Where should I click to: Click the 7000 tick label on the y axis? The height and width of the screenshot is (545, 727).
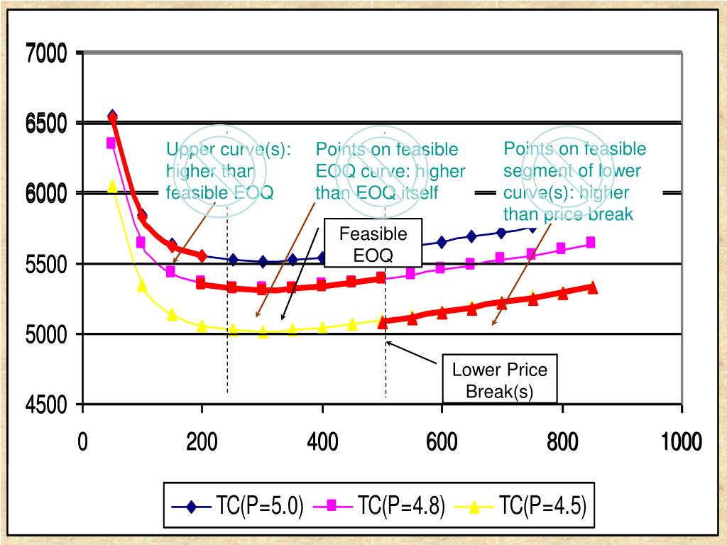(x=47, y=54)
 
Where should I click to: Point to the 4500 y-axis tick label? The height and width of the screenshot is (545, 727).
(x=47, y=406)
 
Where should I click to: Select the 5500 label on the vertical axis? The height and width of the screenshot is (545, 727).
(x=47, y=265)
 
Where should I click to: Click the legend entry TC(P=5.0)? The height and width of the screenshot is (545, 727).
(x=239, y=507)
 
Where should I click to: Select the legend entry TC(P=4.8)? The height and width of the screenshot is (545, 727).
(x=380, y=507)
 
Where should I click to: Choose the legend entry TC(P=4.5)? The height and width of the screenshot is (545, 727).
(x=520, y=507)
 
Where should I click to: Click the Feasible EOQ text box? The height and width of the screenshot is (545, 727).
(x=373, y=245)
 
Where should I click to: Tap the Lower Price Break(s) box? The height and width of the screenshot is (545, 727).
(x=501, y=380)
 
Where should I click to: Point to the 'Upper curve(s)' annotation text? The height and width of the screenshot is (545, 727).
(x=228, y=171)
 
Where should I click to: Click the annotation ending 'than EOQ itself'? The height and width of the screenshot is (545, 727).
(x=390, y=171)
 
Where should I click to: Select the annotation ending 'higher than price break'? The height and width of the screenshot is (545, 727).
(x=574, y=182)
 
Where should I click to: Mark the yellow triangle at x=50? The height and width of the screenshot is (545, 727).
(x=112, y=186)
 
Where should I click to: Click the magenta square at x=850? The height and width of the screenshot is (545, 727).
(x=590, y=243)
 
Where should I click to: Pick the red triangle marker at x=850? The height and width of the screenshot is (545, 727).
(x=591, y=287)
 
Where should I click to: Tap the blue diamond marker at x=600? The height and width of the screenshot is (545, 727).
(x=442, y=242)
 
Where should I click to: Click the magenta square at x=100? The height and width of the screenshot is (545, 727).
(x=141, y=243)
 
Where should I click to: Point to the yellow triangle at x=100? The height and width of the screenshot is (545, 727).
(x=142, y=286)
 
